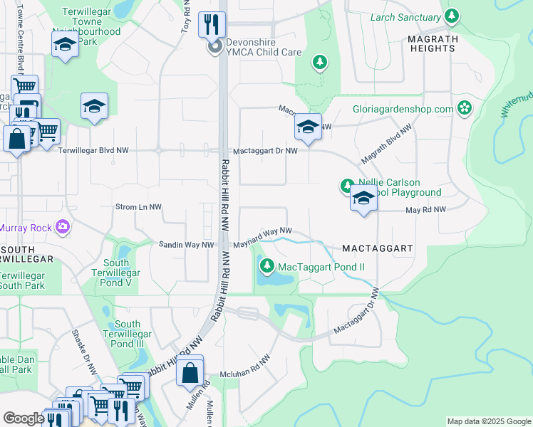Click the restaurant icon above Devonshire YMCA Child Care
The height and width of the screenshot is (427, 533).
(212, 23)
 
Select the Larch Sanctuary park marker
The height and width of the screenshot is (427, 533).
(451, 16)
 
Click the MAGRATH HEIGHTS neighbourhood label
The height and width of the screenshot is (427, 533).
(442, 43)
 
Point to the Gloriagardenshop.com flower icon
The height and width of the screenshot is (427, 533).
(465, 109)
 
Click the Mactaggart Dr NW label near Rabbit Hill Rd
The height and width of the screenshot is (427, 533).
(265, 152)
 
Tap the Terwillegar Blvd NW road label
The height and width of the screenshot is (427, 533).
(93, 151)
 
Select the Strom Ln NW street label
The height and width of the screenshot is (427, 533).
(138, 207)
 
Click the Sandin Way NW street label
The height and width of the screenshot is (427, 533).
(186, 245)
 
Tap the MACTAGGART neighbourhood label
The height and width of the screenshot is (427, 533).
(378, 248)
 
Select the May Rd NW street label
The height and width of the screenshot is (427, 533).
(425, 210)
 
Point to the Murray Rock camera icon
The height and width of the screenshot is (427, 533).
(63, 226)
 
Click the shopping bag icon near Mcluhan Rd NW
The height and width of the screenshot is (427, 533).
(190, 371)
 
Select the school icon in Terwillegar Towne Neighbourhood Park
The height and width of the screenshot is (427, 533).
(65, 45)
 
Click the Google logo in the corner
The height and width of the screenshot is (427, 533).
(24, 418)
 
